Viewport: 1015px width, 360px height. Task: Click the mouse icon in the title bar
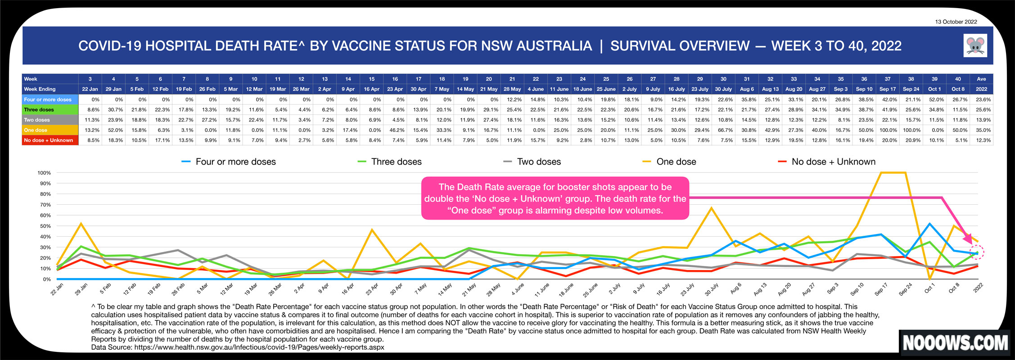click(975, 45)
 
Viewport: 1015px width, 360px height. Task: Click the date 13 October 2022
click(956, 22)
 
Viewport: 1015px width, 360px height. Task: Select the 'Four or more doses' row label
click(48, 99)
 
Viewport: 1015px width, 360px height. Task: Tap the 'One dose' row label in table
click(36, 130)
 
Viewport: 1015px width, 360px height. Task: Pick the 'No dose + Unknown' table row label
click(49, 140)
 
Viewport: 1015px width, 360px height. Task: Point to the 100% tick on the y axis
click(45, 173)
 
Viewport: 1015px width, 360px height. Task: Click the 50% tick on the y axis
click(46, 226)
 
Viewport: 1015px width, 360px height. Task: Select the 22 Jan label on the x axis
click(57, 289)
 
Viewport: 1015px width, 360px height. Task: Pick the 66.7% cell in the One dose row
click(725, 130)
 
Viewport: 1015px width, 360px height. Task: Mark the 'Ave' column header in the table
click(981, 79)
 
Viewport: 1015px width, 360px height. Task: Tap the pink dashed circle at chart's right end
click(977, 252)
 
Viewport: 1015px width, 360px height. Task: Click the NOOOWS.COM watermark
click(955, 343)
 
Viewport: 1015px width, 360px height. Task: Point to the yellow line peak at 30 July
click(711, 208)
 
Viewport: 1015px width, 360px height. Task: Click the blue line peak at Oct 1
click(930, 224)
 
